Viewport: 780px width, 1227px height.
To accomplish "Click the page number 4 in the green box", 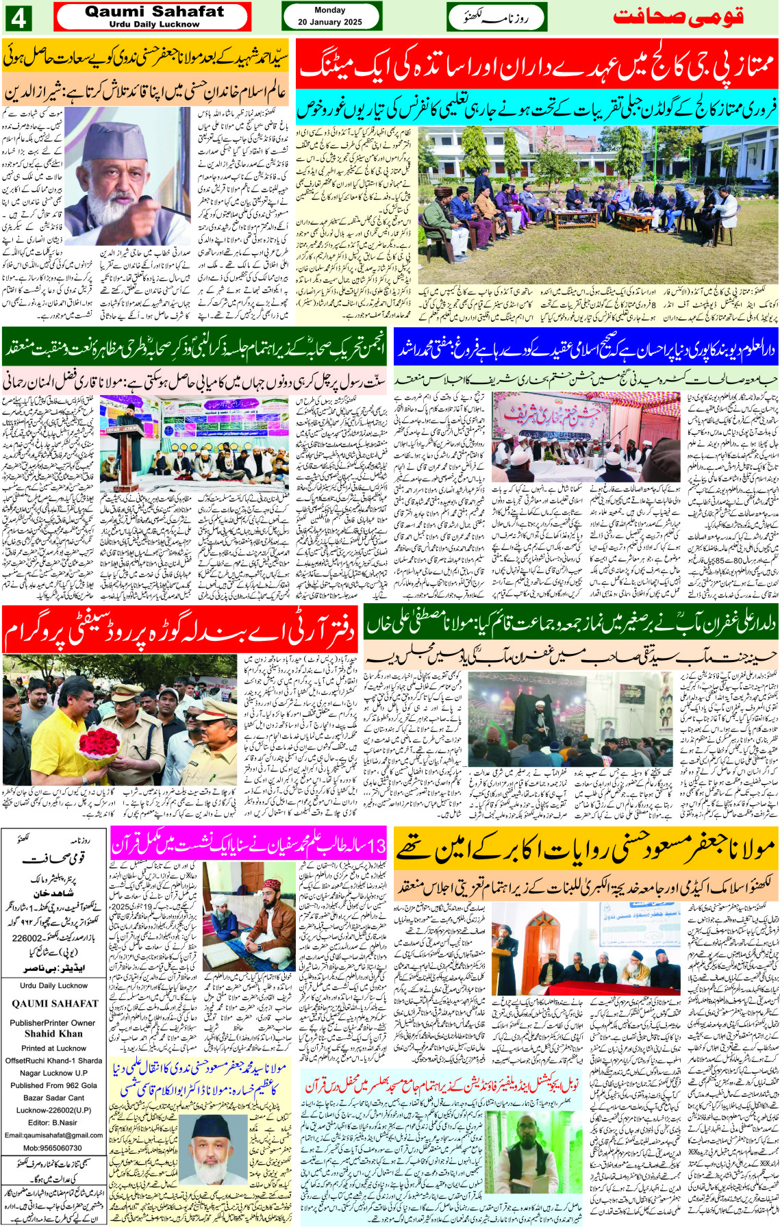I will [18, 18].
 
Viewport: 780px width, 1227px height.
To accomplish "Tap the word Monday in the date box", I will [329, 10].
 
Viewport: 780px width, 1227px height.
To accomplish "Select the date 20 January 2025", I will [329, 22].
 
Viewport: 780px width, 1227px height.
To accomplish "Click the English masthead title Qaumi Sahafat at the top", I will [154, 12].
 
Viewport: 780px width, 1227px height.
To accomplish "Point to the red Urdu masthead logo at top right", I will [678, 17].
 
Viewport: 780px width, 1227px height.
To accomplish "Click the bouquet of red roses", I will [100, 747].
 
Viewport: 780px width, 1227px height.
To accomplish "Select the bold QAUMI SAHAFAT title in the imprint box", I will [55, 1004].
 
